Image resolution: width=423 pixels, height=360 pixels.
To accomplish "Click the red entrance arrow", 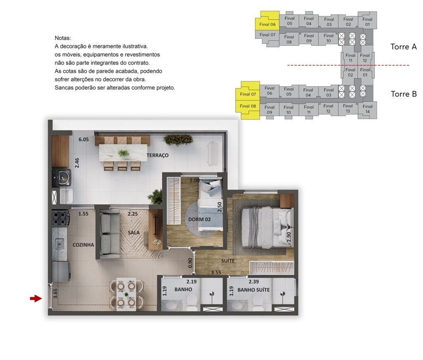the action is (36, 298).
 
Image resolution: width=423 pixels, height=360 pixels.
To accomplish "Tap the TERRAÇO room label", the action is (157, 155).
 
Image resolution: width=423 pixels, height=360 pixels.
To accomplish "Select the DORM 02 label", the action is (200, 219).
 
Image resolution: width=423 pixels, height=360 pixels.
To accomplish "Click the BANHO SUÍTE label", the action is (254, 290).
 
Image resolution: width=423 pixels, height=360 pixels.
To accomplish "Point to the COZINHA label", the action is (83, 245).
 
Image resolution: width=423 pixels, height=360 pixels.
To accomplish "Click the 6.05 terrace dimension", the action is (83, 139).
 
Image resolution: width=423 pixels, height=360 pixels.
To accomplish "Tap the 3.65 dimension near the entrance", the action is (55, 293).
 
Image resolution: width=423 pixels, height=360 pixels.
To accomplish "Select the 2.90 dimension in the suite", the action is (289, 237).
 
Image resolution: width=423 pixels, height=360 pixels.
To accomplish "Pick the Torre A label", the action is (404, 47).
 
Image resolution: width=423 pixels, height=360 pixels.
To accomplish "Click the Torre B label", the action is (404, 94).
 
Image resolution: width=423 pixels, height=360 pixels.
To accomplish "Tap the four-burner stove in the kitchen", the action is (60, 218).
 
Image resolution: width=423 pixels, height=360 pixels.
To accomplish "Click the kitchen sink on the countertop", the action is (59, 244).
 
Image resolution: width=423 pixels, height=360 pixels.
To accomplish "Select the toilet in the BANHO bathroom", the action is (192, 303).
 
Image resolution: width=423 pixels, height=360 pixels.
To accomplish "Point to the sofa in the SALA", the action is (109, 234).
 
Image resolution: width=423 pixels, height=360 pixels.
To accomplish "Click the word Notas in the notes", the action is (63, 38).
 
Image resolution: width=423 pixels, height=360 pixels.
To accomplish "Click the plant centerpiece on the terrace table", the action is (123, 153).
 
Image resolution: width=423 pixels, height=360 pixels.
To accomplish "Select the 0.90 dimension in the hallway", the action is (190, 263).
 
